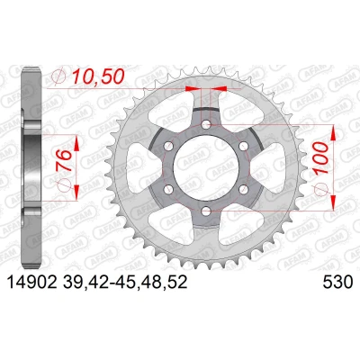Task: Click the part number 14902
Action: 31,283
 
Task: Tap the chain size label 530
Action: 337,283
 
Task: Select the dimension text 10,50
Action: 98,77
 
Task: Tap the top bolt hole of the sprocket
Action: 206,124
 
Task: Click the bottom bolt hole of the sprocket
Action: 206,211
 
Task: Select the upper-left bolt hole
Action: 168,147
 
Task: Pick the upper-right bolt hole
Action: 244,147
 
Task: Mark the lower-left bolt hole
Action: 168,190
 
